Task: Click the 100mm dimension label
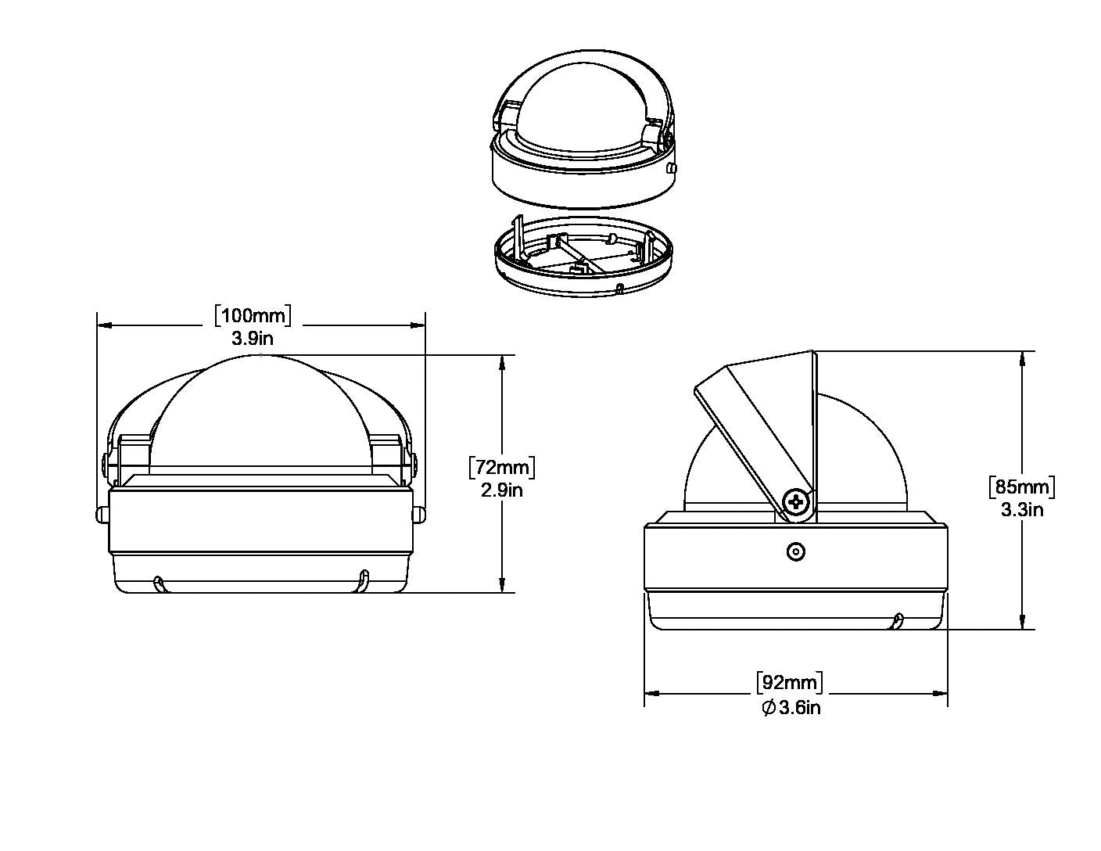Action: (x=253, y=315)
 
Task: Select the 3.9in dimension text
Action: (x=253, y=338)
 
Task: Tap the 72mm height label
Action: (x=501, y=467)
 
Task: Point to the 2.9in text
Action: (x=501, y=490)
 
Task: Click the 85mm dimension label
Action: (x=1022, y=487)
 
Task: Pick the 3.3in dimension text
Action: (x=1022, y=509)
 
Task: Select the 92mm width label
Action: (x=790, y=683)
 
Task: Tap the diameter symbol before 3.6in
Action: (x=769, y=708)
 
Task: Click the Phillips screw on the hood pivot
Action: (x=797, y=502)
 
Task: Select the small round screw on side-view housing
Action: (x=795, y=552)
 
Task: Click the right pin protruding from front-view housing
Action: (x=419, y=515)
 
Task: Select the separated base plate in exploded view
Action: (x=586, y=257)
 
